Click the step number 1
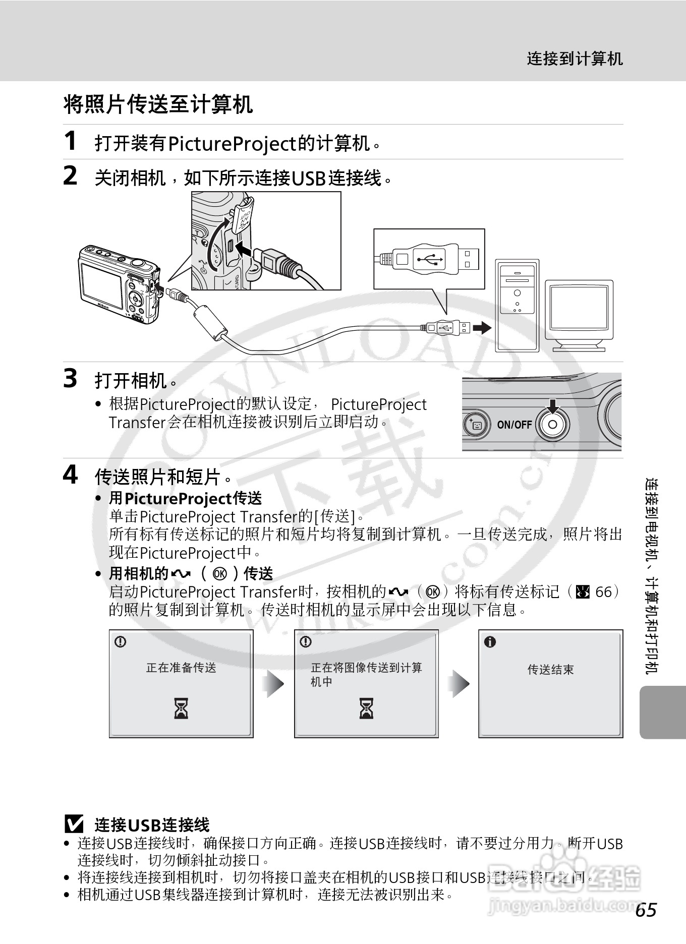coord(71,141)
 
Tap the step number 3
coord(71,378)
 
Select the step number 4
coord(71,475)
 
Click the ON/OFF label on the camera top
coord(514,425)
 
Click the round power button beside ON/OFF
coord(552,425)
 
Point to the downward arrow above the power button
coord(553,406)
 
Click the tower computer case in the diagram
coord(517,305)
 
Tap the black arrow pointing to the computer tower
coord(482,328)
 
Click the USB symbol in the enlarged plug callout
coord(429,260)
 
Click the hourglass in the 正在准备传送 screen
coord(181,708)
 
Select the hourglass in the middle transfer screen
coord(366,708)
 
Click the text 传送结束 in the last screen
coord(550,670)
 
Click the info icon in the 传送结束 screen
coord(490,642)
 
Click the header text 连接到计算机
coord(575,59)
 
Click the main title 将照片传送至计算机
coord(158,104)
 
